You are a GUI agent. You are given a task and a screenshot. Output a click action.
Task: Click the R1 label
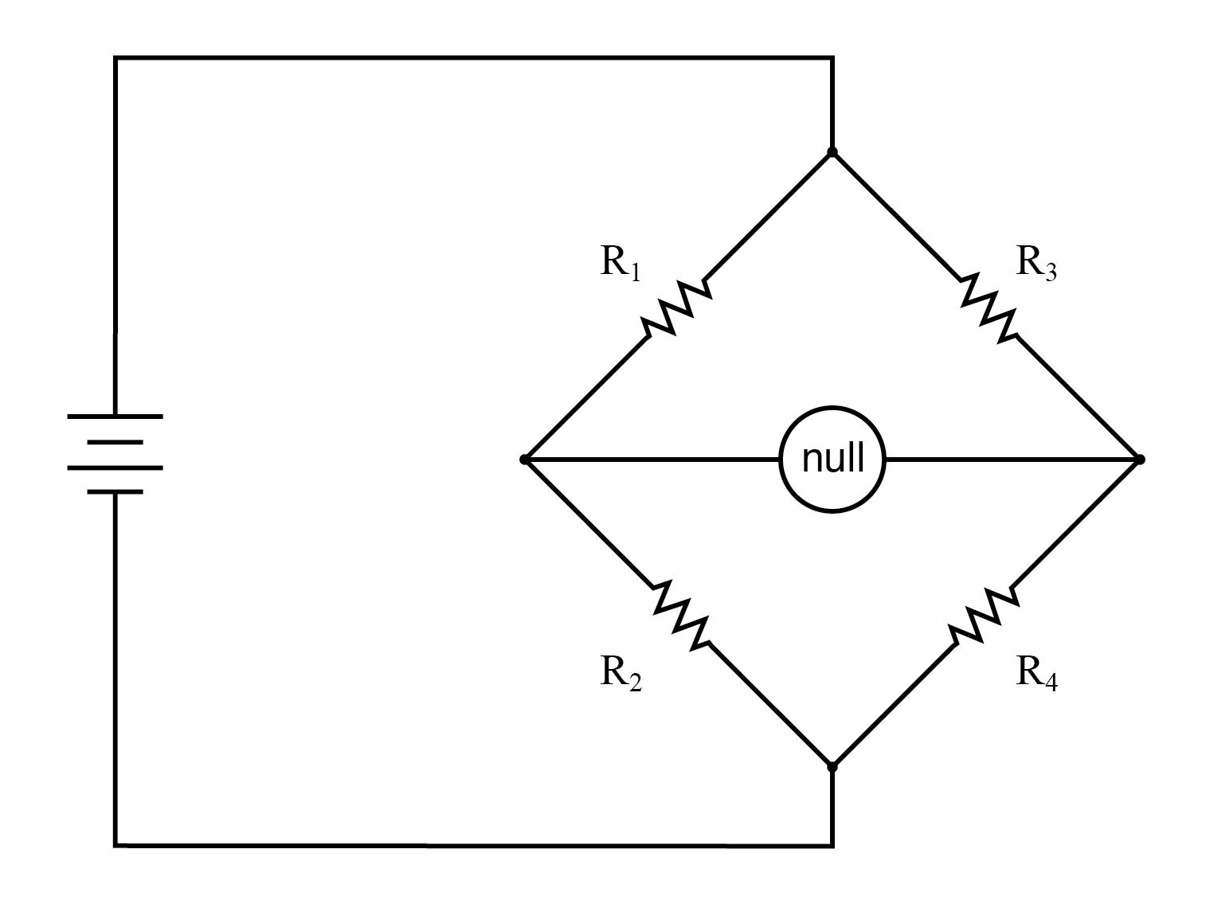coord(620,262)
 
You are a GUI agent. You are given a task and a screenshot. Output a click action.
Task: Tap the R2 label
coord(620,673)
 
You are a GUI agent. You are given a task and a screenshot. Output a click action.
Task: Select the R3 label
coord(1036,262)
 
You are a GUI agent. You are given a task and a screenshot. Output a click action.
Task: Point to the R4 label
coord(1036,673)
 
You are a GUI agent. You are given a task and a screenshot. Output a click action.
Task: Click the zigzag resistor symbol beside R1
coord(676,307)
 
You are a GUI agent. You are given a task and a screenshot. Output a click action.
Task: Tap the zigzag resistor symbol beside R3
coord(989,307)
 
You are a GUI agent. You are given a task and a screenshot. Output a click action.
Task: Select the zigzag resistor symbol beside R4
coord(984,616)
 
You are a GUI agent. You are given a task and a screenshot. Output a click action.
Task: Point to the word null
coord(832,460)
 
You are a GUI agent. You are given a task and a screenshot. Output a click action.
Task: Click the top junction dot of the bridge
coord(832,151)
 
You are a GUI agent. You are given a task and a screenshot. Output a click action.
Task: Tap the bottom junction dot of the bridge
coord(832,767)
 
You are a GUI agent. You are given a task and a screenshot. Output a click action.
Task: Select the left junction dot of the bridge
coord(524,460)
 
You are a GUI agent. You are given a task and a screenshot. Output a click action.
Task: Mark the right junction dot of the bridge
coord(1140,460)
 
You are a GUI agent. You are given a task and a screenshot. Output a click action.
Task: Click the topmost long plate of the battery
coord(116,416)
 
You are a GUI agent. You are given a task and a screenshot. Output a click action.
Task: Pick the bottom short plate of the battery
coord(116,492)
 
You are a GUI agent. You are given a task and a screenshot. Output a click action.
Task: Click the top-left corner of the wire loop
coord(116,57)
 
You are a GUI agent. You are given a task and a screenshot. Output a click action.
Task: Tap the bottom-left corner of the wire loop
coord(116,844)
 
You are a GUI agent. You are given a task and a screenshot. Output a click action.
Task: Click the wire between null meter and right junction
coord(1012,460)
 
